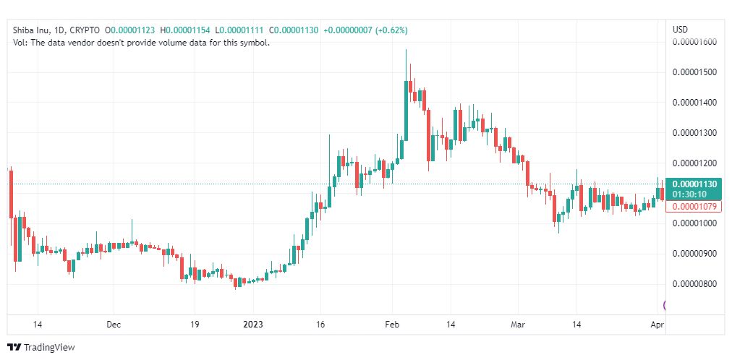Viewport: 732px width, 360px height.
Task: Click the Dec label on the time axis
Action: coord(114,325)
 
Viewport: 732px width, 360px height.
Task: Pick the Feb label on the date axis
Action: coord(392,325)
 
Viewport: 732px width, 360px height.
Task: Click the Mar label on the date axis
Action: coord(519,325)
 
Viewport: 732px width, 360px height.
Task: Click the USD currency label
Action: coord(680,30)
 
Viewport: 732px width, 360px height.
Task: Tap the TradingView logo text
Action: coord(49,348)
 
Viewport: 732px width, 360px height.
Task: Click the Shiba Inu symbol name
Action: coord(32,30)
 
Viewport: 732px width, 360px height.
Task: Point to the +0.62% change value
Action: coord(389,30)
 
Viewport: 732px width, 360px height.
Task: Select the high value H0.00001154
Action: coord(186,30)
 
